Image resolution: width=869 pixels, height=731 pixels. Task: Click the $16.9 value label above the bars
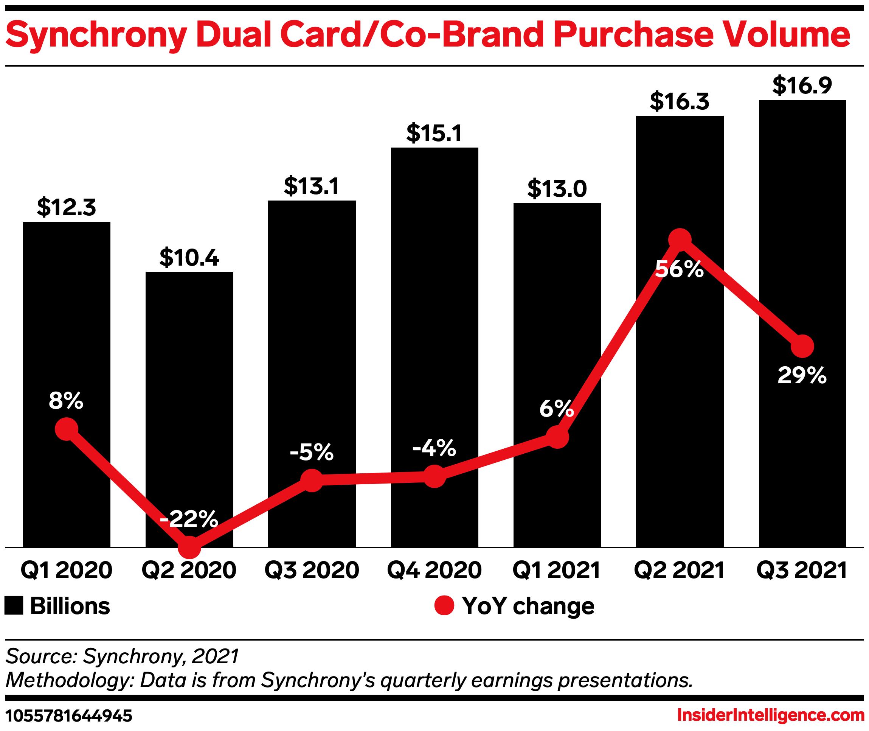tap(802, 86)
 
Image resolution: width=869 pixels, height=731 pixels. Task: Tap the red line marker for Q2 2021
tap(680, 240)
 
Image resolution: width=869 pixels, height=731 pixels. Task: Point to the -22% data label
tap(189, 519)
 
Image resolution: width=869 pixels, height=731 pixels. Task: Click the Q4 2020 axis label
tap(434, 570)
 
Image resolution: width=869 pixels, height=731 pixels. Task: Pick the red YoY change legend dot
tap(444, 605)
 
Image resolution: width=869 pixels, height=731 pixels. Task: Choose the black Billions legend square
tap(14, 605)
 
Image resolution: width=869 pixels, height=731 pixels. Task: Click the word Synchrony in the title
tap(96, 35)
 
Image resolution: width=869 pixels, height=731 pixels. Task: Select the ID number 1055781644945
tap(69, 715)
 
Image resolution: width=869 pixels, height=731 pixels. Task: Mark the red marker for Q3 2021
tap(802, 346)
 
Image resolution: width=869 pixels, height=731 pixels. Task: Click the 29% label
tap(802, 376)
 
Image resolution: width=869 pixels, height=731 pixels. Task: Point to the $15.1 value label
tap(434, 134)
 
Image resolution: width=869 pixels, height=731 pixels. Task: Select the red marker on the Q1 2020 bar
tap(67, 429)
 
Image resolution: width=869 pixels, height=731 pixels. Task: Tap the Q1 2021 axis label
tap(556, 570)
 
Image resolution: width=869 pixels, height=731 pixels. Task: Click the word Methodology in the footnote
tap(67, 680)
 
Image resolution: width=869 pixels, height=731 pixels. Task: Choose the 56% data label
tap(679, 269)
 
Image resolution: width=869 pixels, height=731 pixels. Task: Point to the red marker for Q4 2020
tap(434, 476)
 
